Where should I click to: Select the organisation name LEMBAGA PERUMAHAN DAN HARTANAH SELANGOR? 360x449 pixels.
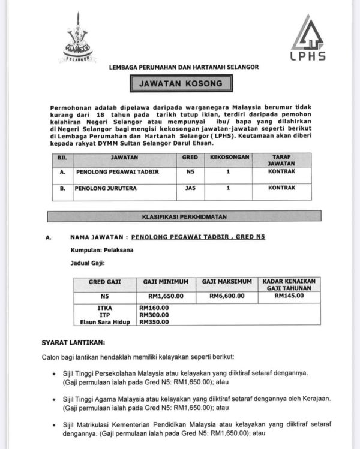pyautogui.click(x=184, y=67)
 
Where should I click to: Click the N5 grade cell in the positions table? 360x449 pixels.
pyautogui.click(x=189, y=173)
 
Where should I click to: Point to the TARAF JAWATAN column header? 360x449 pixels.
pyautogui.click(x=281, y=159)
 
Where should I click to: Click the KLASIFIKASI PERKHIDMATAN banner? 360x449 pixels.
pyautogui.click(x=179, y=217)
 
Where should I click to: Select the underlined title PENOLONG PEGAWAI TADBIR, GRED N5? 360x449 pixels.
pyautogui.click(x=197, y=237)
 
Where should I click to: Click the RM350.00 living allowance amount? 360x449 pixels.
pyautogui.click(x=154, y=322)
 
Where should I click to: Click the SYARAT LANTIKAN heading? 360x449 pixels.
pyautogui.click(x=73, y=342)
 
